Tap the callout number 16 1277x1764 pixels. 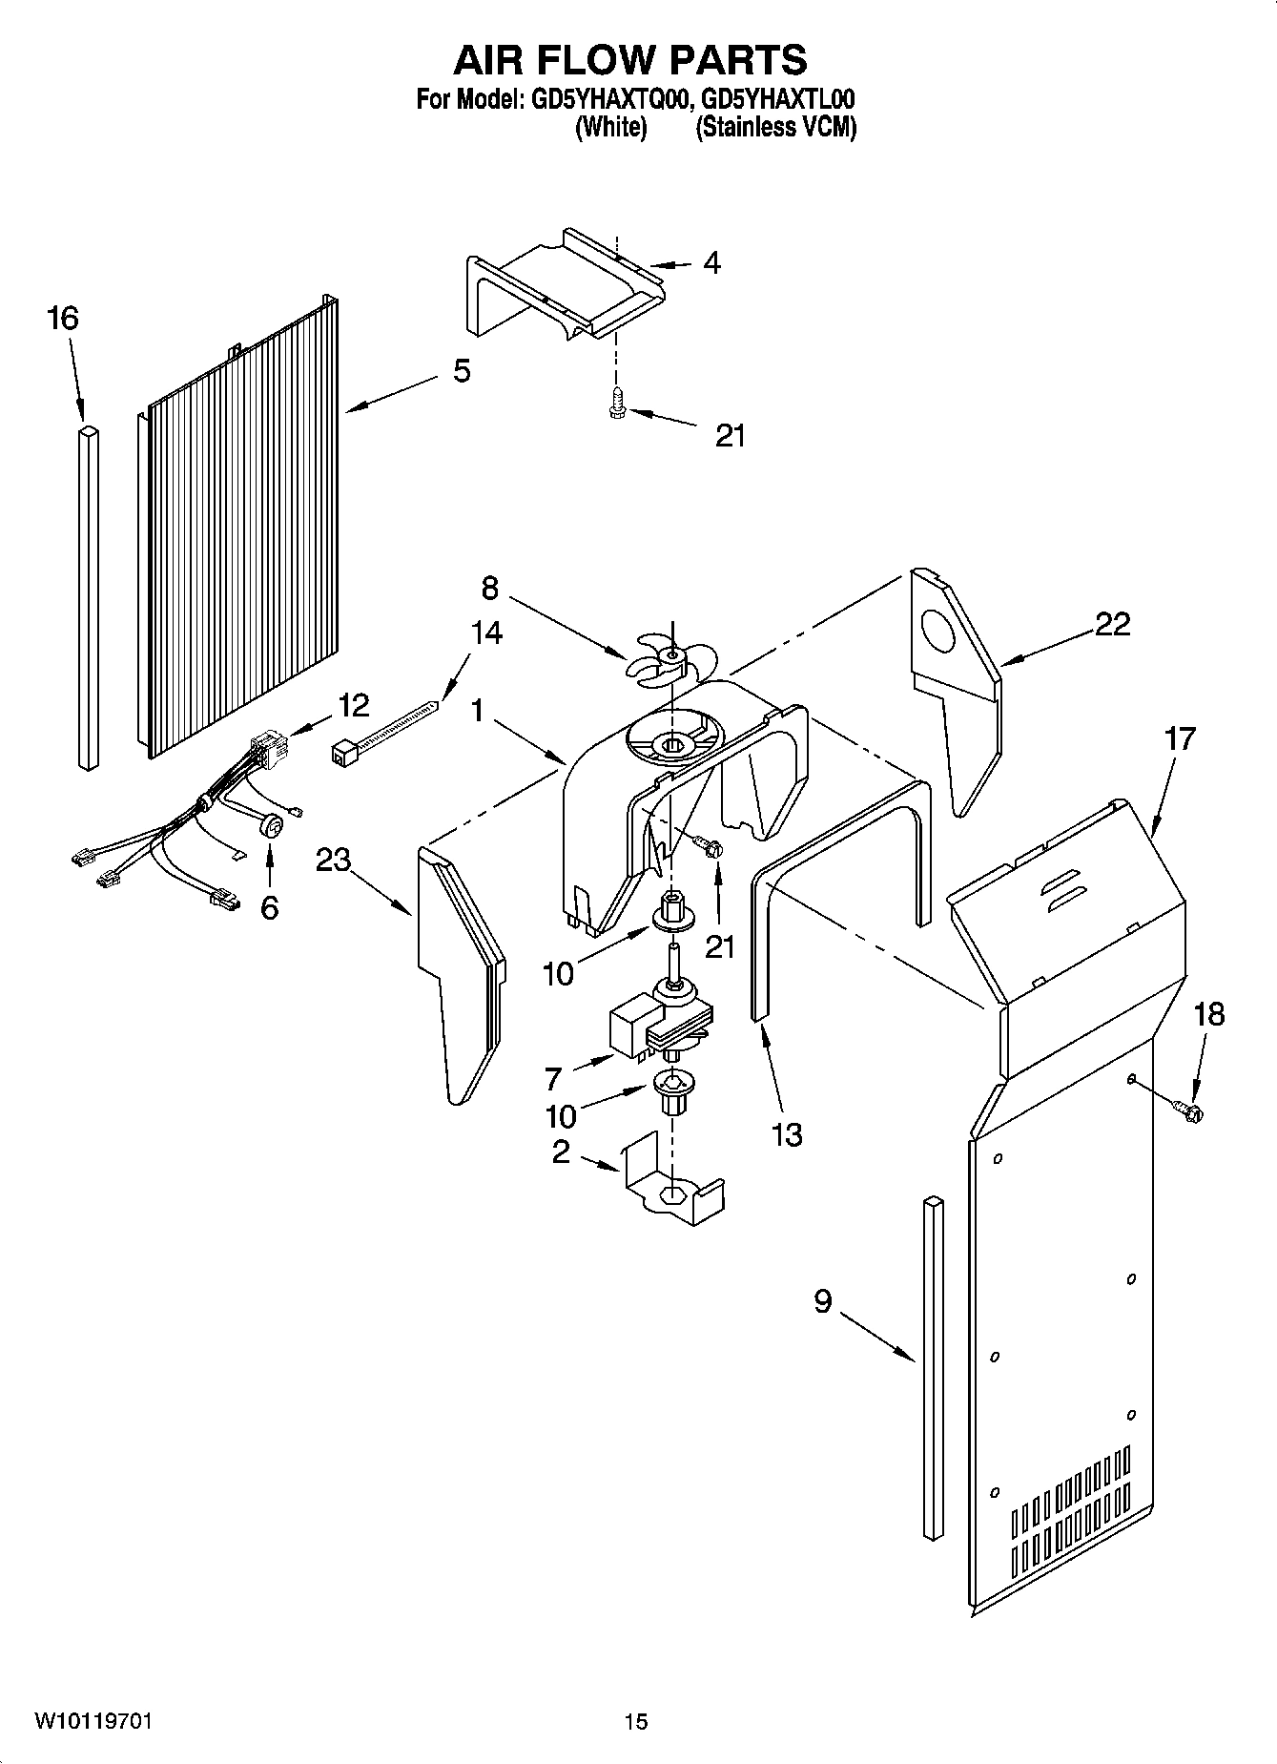click(x=63, y=319)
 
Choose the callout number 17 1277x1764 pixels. click(x=1179, y=738)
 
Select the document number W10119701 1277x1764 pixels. click(x=93, y=1721)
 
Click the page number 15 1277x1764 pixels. click(x=636, y=1721)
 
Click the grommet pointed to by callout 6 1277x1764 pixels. click(x=271, y=826)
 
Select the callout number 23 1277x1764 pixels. click(x=334, y=861)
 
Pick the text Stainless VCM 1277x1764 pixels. click(x=775, y=128)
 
